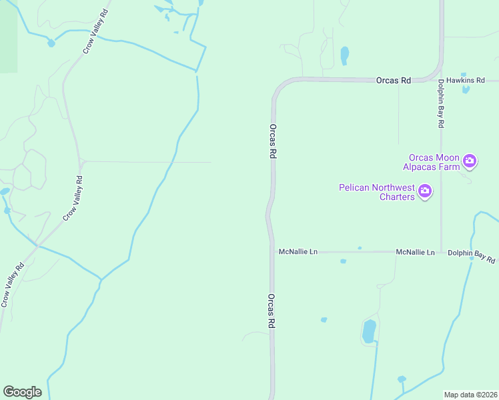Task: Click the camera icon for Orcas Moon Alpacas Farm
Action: (x=470, y=160)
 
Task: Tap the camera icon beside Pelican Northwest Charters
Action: (x=424, y=193)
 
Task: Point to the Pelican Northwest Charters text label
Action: (x=378, y=192)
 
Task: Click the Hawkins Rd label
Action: (x=465, y=80)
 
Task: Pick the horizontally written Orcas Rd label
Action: (x=393, y=80)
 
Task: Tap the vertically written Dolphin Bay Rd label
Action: (x=441, y=104)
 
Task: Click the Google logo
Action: (x=22, y=392)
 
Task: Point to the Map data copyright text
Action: (x=470, y=395)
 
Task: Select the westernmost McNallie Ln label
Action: (x=298, y=252)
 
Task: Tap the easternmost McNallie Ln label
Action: (x=415, y=253)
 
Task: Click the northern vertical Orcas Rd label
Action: (x=273, y=141)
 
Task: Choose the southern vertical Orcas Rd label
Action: (x=272, y=311)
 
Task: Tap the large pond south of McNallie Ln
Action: (x=368, y=331)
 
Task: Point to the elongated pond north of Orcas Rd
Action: (x=344, y=55)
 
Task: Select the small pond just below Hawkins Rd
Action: (x=466, y=89)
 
